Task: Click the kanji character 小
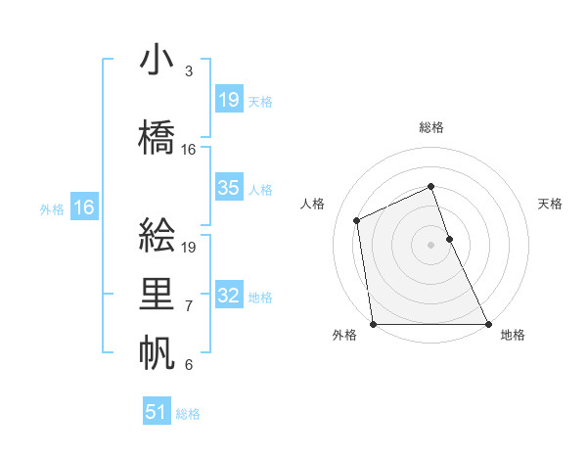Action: tap(158, 60)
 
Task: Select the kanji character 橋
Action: tap(158, 138)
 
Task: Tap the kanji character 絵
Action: tap(158, 236)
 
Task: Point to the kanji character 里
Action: tap(158, 295)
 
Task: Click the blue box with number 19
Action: tap(229, 99)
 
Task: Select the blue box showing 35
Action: tap(229, 188)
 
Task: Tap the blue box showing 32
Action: tap(229, 296)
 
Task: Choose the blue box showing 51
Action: tap(157, 412)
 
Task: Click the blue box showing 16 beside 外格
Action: tap(84, 207)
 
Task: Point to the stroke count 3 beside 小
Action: tap(189, 71)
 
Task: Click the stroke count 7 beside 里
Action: tap(189, 306)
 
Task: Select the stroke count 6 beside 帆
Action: tap(189, 365)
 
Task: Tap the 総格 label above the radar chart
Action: tap(431, 127)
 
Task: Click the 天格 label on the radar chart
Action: tap(551, 204)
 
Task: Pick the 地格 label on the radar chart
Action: tap(513, 335)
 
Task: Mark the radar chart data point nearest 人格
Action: tap(357, 220)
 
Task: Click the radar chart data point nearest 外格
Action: tap(373, 324)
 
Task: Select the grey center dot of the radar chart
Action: tap(431, 244)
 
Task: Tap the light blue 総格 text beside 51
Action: tap(188, 414)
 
